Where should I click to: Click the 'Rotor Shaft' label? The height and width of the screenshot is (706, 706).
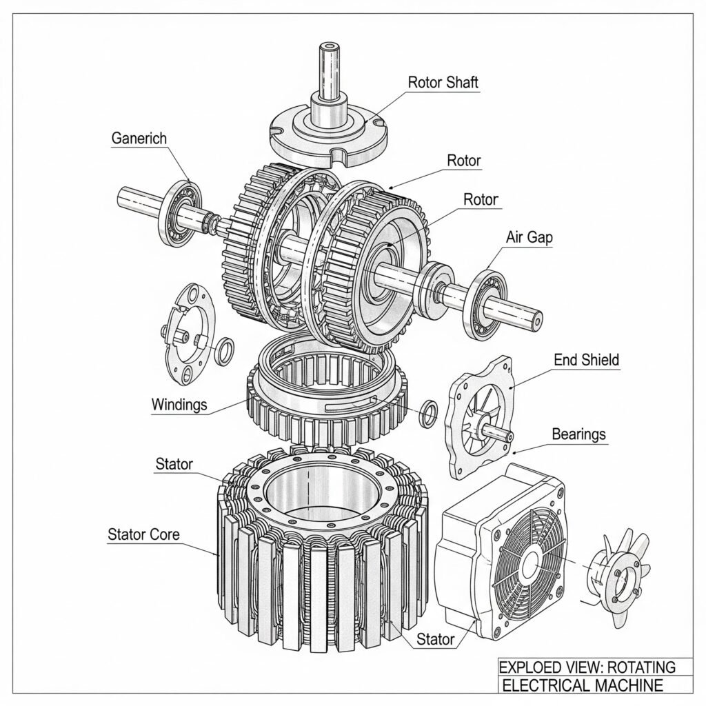tap(443, 83)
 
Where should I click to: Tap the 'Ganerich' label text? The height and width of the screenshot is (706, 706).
tap(139, 138)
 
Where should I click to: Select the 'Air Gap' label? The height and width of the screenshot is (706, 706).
tap(529, 237)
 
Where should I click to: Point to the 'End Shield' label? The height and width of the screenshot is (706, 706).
tap(586, 360)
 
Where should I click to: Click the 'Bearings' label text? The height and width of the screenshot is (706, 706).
tap(578, 434)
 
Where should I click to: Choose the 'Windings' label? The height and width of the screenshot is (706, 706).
tap(179, 404)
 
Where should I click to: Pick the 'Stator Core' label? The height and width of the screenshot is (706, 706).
tap(143, 534)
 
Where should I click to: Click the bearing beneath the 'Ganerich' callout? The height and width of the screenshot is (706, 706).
tap(181, 214)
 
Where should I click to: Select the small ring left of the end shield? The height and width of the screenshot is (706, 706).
tap(428, 413)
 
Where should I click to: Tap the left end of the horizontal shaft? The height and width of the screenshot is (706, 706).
tap(122, 196)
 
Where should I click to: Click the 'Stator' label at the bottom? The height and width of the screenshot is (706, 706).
tap(436, 639)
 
